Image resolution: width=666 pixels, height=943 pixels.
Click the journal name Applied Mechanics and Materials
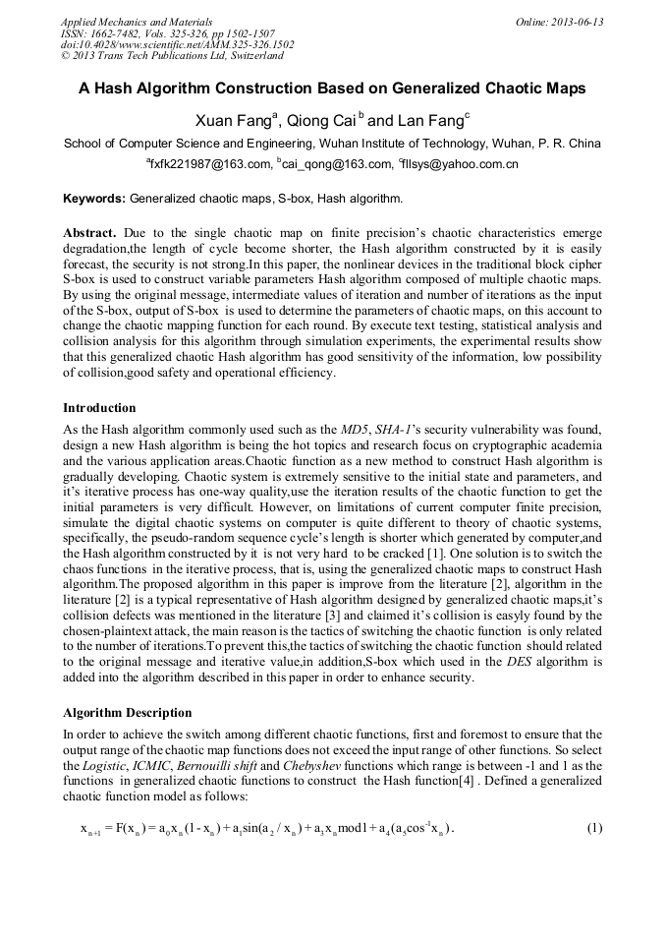pos(137,21)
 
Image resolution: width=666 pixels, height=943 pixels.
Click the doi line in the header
pos(177,44)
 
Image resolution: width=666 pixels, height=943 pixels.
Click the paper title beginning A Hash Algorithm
pos(332,88)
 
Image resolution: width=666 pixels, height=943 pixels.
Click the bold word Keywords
pos(94,199)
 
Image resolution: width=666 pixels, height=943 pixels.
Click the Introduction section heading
pos(99,407)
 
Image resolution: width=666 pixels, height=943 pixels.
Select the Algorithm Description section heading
pos(128,712)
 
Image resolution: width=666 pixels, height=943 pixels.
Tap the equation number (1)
pos(594,827)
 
